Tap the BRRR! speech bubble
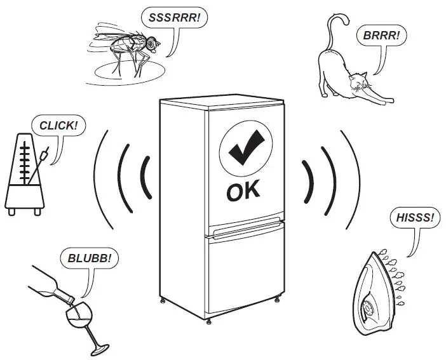(x=382, y=36)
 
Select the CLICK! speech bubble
(x=58, y=125)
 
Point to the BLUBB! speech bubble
(x=89, y=259)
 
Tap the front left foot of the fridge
(x=165, y=298)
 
